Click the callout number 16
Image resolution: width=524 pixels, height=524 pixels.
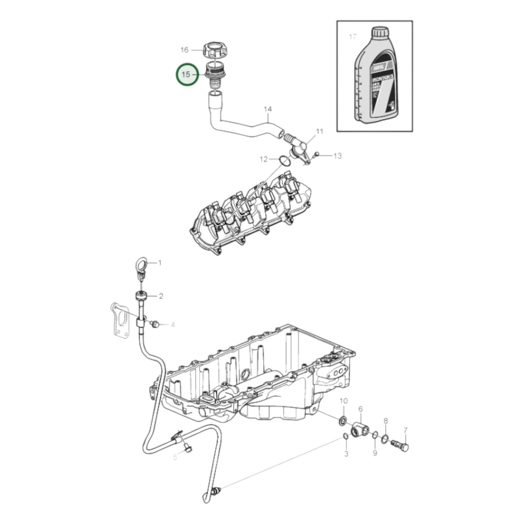tap(185, 50)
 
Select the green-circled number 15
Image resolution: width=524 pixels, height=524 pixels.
tap(186, 74)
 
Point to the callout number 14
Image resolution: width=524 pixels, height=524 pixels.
tap(268, 109)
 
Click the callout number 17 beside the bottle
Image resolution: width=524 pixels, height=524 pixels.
tap(352, 37)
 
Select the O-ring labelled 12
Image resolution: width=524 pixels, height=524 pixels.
tap(285, 161)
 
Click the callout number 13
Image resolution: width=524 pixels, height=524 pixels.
tap(337, 156)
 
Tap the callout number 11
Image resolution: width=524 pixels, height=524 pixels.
tap(319, 131)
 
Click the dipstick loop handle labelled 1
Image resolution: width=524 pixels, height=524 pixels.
tap(142, 264)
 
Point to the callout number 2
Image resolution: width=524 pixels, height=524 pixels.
tap(161, 296)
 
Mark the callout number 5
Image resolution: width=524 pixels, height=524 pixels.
tap(175, 457)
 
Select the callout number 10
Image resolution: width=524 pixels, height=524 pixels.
tap(343, 401)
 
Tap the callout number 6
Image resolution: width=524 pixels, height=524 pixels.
tap(360, 409)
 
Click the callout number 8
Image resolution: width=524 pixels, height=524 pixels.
tap(386, 421)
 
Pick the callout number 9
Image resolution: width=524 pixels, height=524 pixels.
tap(375, 453)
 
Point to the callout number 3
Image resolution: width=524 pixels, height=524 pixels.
tap(346, 454)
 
